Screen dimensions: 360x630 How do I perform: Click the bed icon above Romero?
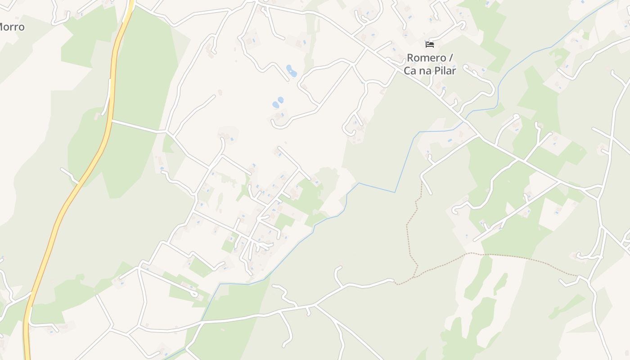[x=430, y=45]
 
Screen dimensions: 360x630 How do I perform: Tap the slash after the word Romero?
[x=451, y=58]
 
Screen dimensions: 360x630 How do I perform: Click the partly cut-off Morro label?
[x=12, y=27]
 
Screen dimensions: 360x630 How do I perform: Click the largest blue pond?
[x=292, y=71]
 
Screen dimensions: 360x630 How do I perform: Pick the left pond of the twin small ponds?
[x=275, y=105]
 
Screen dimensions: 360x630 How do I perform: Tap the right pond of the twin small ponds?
[x=281, y=100]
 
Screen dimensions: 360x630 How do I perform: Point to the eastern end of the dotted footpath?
[x=578, y=275]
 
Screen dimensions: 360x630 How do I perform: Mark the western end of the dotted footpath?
[x=396, y=283]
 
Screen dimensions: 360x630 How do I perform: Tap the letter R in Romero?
[x=410, y=58]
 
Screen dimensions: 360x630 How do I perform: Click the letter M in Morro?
[x=2, y=27]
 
